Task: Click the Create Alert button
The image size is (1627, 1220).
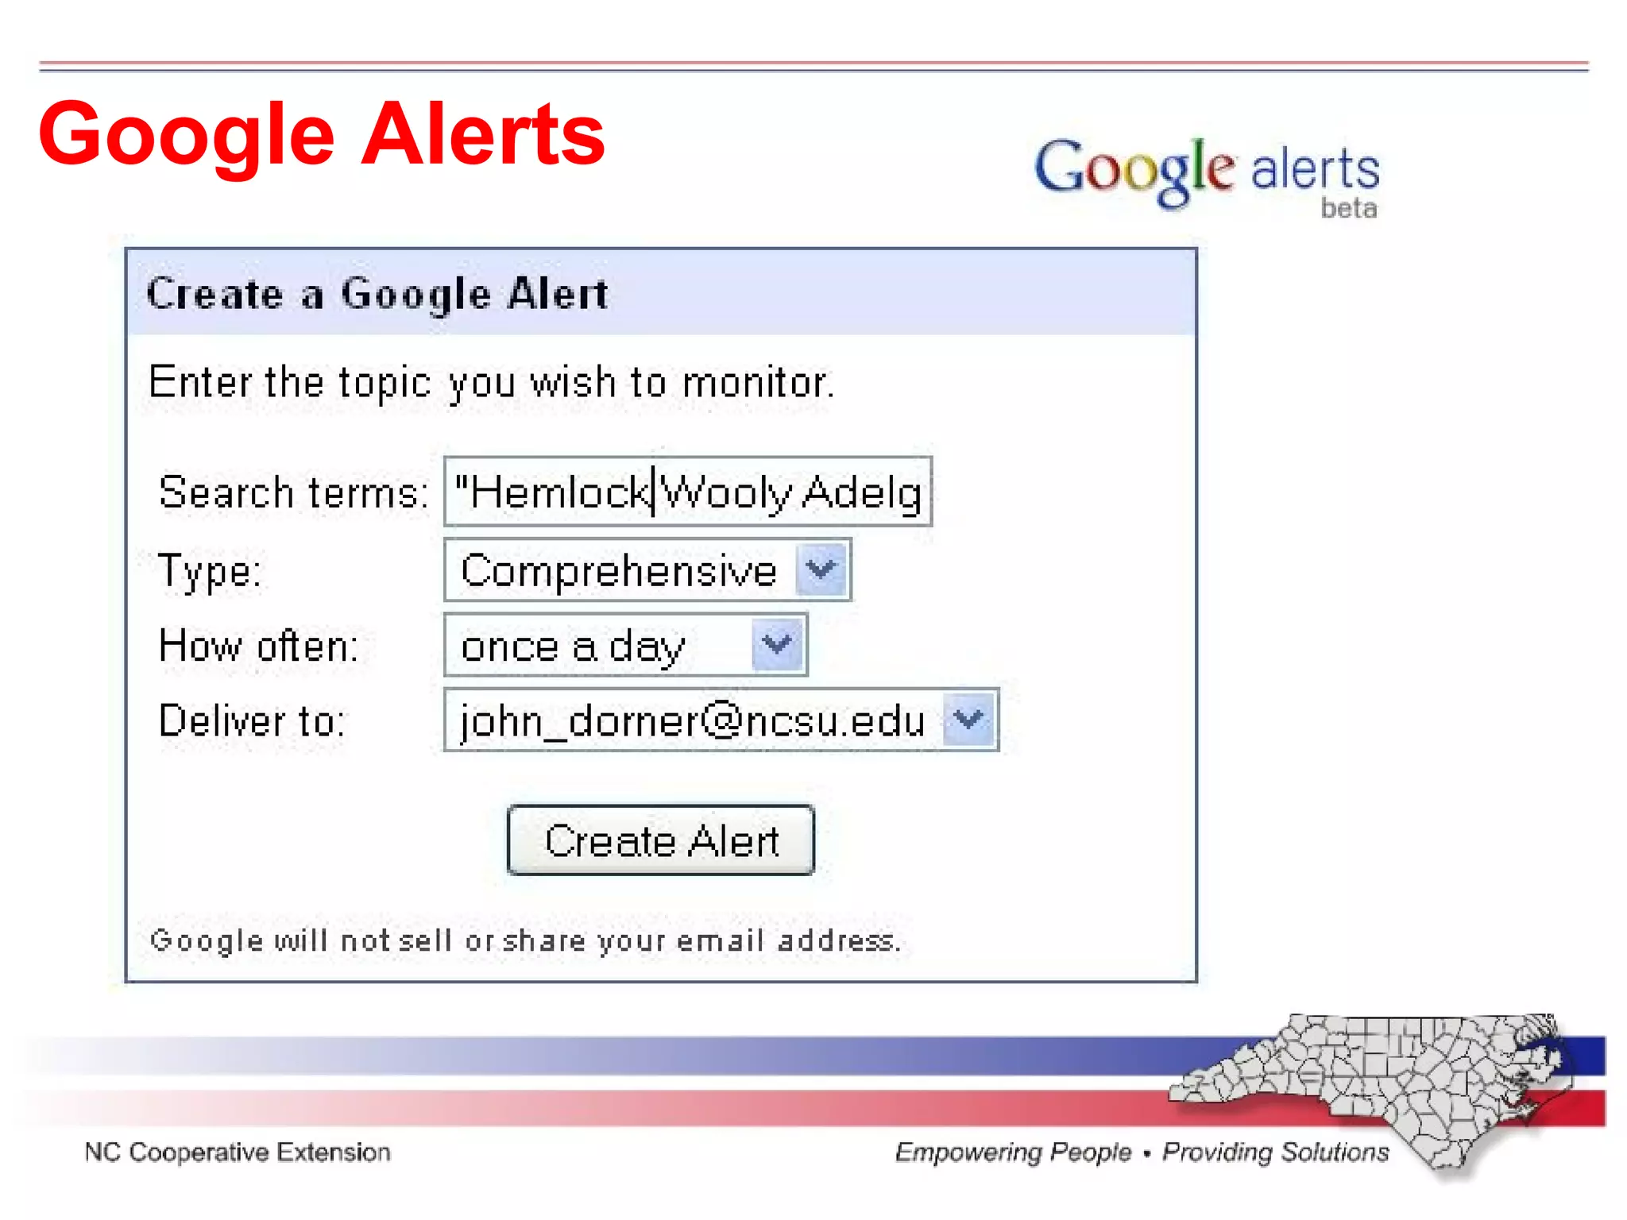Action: point(660,840)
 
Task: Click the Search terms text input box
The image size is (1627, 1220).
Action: point(688,492)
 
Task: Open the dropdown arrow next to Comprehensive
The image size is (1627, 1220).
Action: point(821,569)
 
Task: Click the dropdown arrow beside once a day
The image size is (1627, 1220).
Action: point(776,644)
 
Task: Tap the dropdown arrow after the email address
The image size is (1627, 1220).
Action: point(968,720)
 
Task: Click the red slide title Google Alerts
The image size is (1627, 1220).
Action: point(322,134)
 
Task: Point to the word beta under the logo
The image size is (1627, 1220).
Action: point(1348,208)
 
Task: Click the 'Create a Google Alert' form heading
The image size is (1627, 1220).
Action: point(377,294)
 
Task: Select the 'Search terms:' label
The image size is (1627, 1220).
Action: point(293,492)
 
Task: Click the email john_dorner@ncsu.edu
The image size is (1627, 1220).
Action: point(692,720)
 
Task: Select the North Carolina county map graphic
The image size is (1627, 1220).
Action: point(1382,1088)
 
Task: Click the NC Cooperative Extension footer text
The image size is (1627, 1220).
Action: point(238,1152)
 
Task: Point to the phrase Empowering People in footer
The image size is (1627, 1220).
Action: point(1013,1152)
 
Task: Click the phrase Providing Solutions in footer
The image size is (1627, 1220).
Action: point(1276,1152)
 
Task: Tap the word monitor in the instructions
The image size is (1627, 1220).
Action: point(757,383)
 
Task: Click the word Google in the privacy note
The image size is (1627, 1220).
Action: point(206,940)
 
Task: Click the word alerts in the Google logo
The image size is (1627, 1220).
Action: point(1315,169)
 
